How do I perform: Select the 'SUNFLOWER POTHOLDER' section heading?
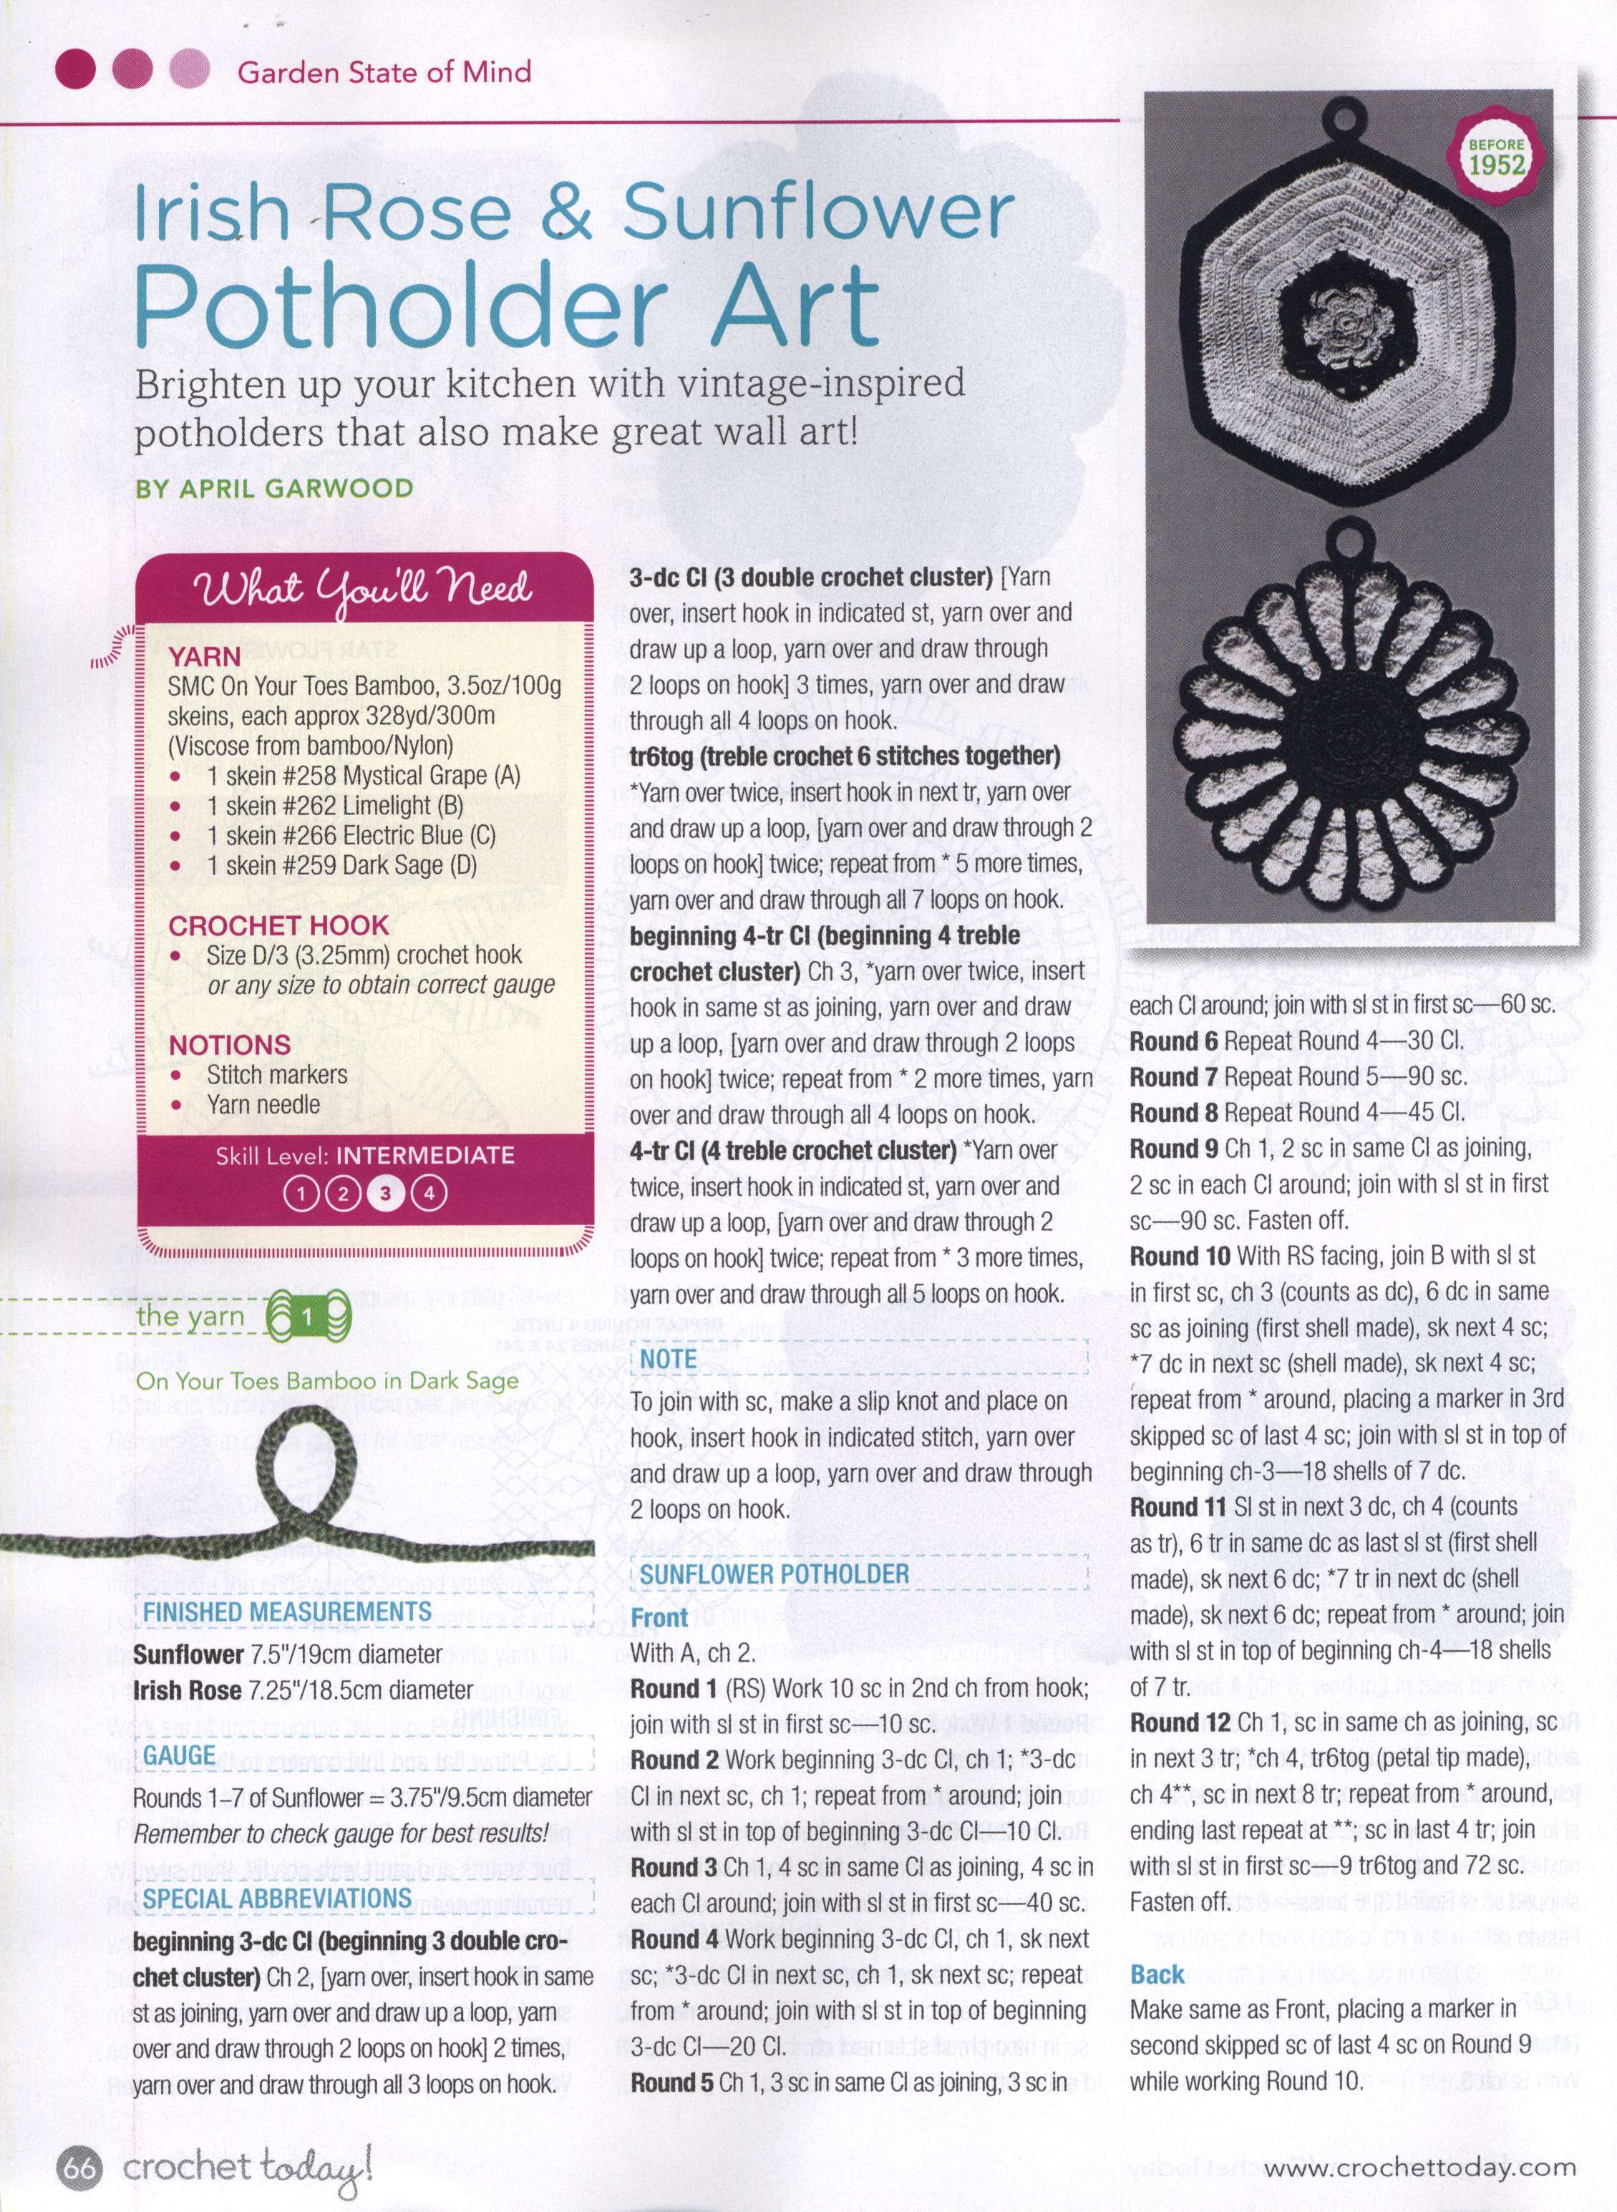point(774,1574)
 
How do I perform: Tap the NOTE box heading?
point(669,1359)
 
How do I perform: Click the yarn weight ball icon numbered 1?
point(307,1317)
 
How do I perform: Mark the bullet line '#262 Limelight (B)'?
point(335,806)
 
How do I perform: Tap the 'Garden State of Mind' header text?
point(384,72)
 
